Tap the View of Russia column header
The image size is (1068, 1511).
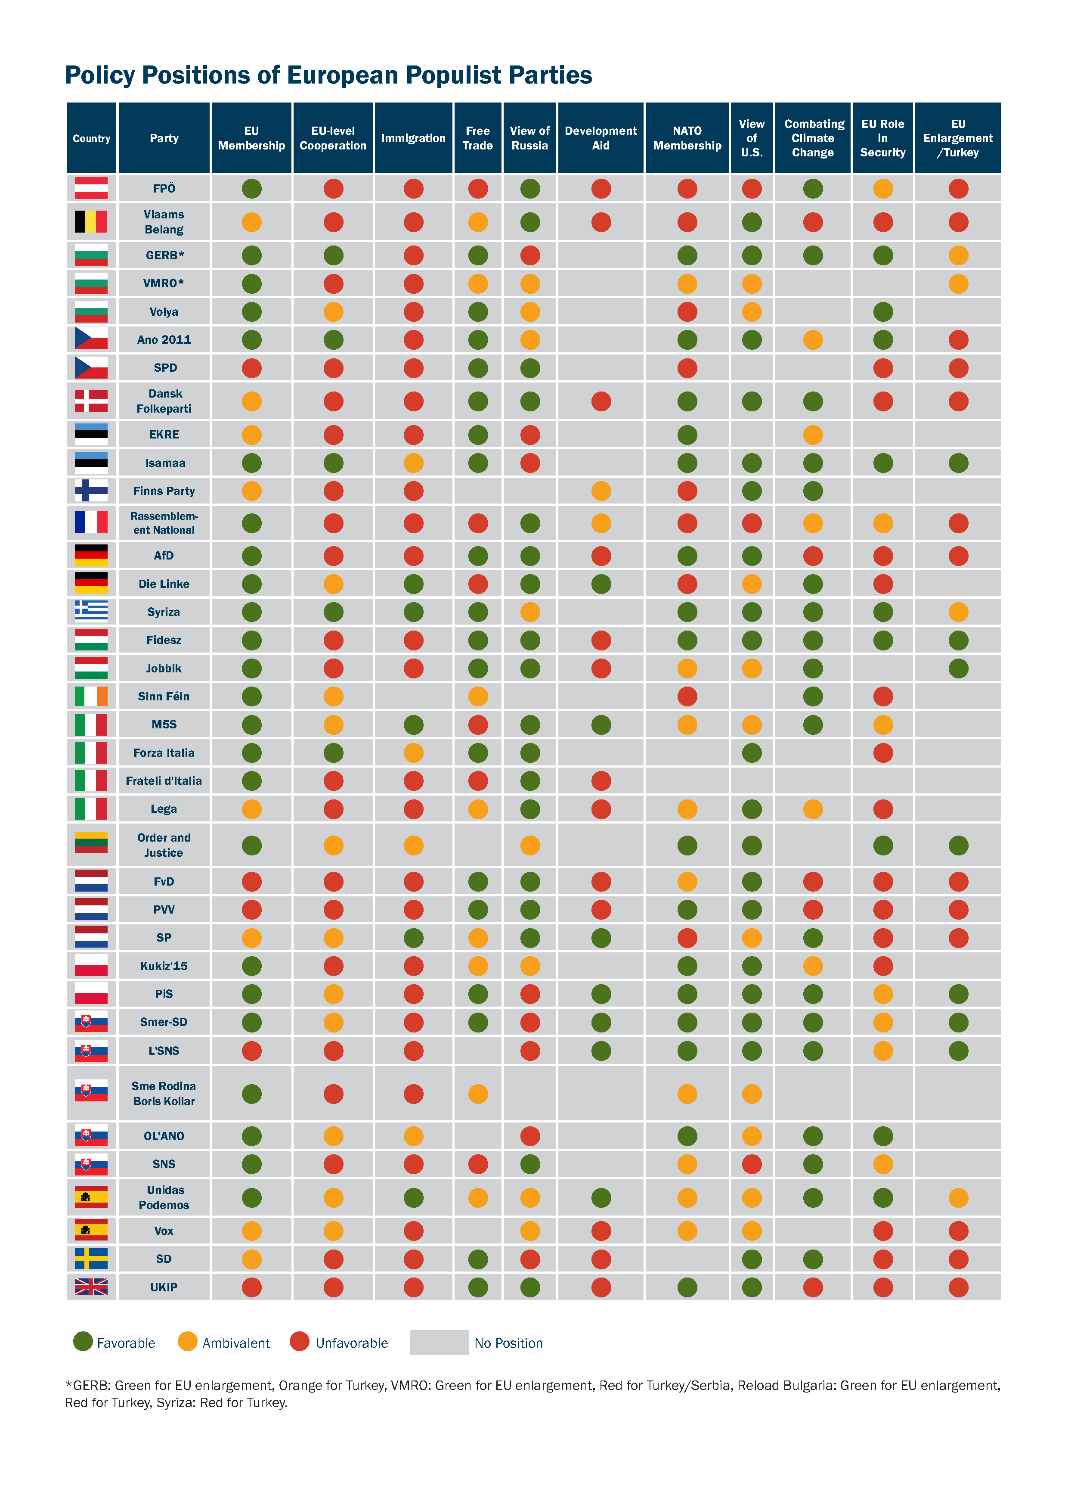tap(530, 138)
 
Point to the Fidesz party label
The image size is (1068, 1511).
tap(164, 640)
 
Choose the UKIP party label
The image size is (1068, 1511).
tap(164, 1287)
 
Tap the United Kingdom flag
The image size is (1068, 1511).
tap(91, 1287)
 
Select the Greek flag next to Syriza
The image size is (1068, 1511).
tap(91, 611)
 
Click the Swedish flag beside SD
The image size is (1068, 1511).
tap(91, 1258)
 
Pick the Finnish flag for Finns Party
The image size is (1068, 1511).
tap(91, 490)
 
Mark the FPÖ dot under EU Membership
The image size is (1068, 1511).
tap(252, 189)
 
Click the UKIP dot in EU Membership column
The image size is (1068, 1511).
tap(252, 1287)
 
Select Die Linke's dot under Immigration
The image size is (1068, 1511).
tap(414, 584)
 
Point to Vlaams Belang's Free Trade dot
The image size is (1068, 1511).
tap(478, 222)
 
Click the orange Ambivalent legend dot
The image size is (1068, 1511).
tap(187, 1342)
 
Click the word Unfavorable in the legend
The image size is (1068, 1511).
tap(352, 1343)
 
